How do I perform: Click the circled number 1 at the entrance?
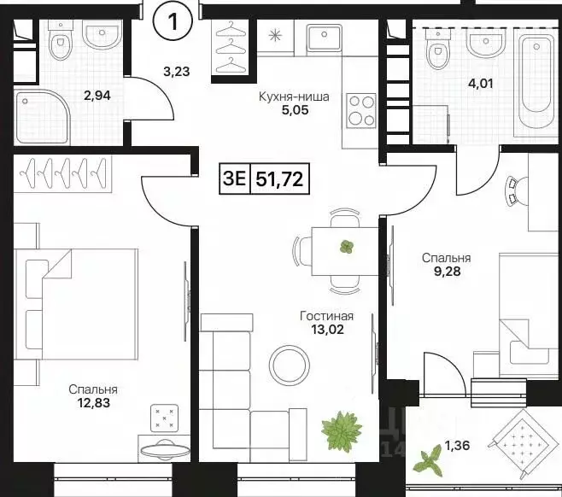point(173,22)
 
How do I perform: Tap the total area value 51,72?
point(279,178)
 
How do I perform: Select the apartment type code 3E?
point(234,178)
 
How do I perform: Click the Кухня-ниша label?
point(294,96)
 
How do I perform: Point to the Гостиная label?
point(326,316)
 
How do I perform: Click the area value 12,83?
point(94,403)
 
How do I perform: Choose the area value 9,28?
point(447,272)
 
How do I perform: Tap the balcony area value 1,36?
point(457,446)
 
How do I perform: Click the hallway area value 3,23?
point(176,72)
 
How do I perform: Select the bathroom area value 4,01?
point(481,84)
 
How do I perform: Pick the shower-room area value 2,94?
point(97,96)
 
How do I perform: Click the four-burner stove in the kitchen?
point(361,110)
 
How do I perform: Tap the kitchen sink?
point(325,38)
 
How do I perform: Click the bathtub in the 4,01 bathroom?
point(536,81)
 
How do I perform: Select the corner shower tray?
point(42,117)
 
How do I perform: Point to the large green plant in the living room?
point(342,431)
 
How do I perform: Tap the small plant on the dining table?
point(347,247)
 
